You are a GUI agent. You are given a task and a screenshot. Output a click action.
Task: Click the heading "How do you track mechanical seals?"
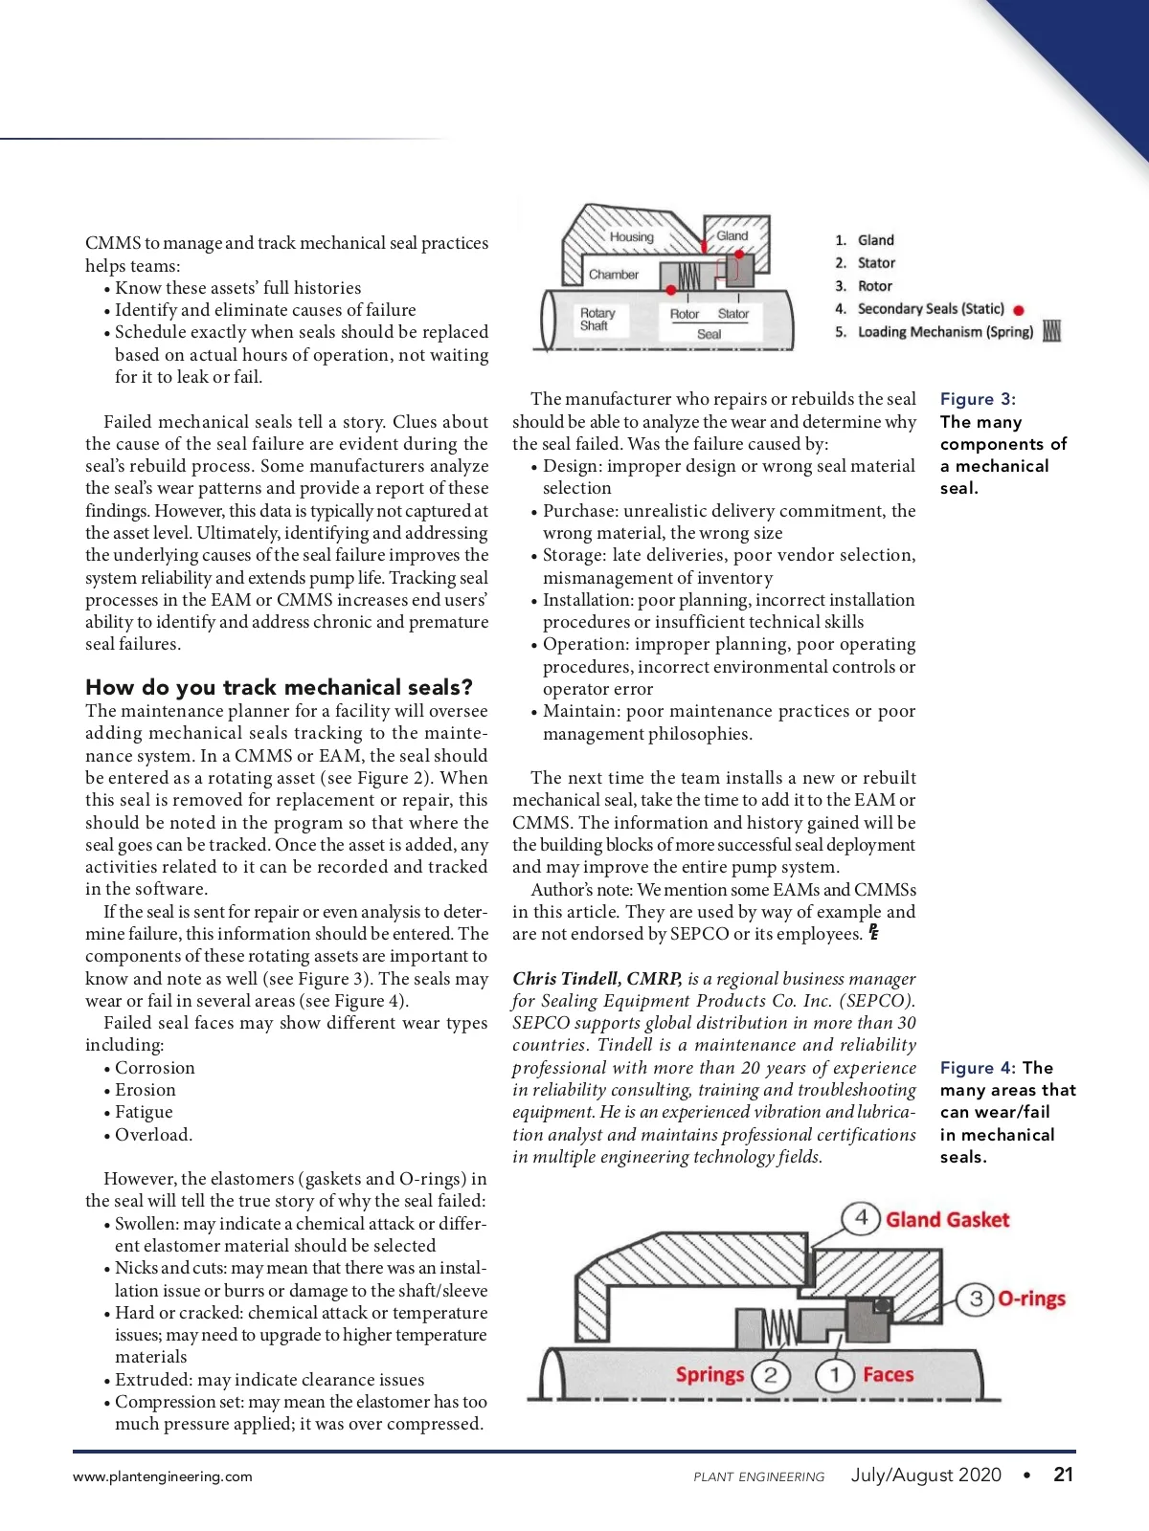tap(279, 687)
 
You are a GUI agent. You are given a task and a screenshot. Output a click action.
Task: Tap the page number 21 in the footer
tap(1063, 1475)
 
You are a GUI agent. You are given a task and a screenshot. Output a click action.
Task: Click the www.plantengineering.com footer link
tap(163, 1476)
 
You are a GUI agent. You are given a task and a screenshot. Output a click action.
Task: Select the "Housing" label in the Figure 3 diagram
tap(631, 237)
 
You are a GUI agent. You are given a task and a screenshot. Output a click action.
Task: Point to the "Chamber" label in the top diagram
tap(614, 275)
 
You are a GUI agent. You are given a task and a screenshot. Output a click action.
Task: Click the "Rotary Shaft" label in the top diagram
tap(597, 319)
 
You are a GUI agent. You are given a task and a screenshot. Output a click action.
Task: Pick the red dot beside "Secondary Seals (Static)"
tap(1019, 310)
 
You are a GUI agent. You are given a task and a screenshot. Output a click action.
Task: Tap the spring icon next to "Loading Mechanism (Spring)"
tap(1051, 331)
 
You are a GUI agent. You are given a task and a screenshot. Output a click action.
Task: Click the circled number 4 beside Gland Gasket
tap(861, 1218)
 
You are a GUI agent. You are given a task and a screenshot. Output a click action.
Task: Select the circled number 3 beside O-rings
tap(976, 1298)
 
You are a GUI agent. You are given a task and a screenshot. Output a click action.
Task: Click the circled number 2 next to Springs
tap(771, 1376)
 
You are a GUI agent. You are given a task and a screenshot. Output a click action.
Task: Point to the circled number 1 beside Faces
tap(834, 1376)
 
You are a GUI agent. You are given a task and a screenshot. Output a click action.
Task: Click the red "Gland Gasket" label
tap(947, 1220)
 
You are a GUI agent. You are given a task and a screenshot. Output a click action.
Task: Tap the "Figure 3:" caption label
tap(978, 399)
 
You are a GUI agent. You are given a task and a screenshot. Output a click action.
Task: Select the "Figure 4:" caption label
tap(978, 1068)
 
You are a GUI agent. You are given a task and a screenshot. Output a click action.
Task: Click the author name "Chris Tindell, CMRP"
tap(597, 978)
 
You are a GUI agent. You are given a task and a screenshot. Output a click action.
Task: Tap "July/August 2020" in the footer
tap(926, 1475)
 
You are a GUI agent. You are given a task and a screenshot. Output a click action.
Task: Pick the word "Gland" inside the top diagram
tap(732, 235)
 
